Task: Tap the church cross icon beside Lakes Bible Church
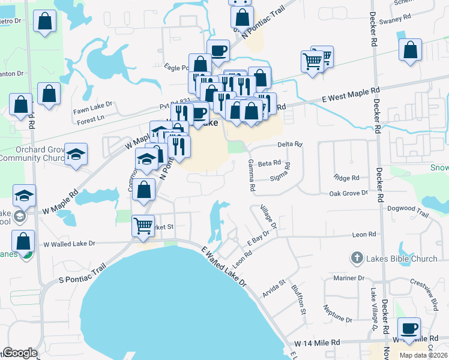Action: pos(356,259)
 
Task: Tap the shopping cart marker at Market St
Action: pos(143,227)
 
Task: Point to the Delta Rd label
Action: pos(290,145)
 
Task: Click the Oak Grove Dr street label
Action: pos(348,193)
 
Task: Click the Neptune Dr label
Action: pos(337,314)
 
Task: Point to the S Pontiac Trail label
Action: pos(72,273)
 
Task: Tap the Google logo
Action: pos(20,353)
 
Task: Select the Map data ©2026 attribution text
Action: pos(423,355)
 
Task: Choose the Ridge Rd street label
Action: pos(346,178)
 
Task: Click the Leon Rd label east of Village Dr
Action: pos(364,235)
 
